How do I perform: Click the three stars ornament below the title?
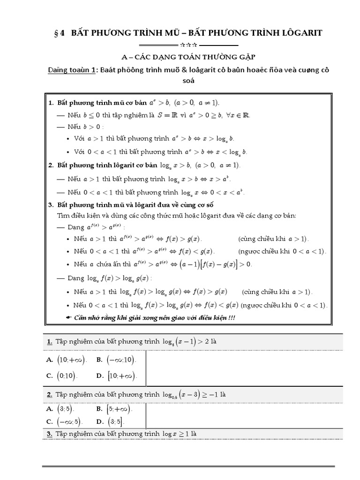click(x=187, y=45)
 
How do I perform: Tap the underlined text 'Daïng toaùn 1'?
click(x=72, y=70)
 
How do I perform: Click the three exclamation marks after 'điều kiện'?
click(x=231, y=318)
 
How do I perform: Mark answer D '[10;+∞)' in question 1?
click(x=121, y=375)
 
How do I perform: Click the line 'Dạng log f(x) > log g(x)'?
click(x=110, y=278)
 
